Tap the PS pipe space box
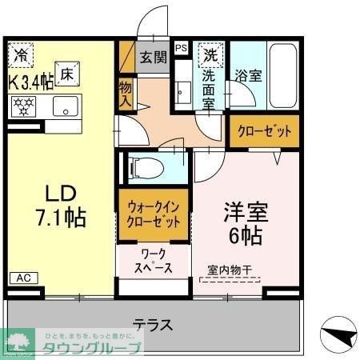click(181, 48)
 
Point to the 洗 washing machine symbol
click(210, 56)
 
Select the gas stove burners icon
click(22, 105)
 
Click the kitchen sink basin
click(64, 106)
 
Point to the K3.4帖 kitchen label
click(30, 81)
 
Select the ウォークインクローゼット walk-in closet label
click(155, 214)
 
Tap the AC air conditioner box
click(22, 277)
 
